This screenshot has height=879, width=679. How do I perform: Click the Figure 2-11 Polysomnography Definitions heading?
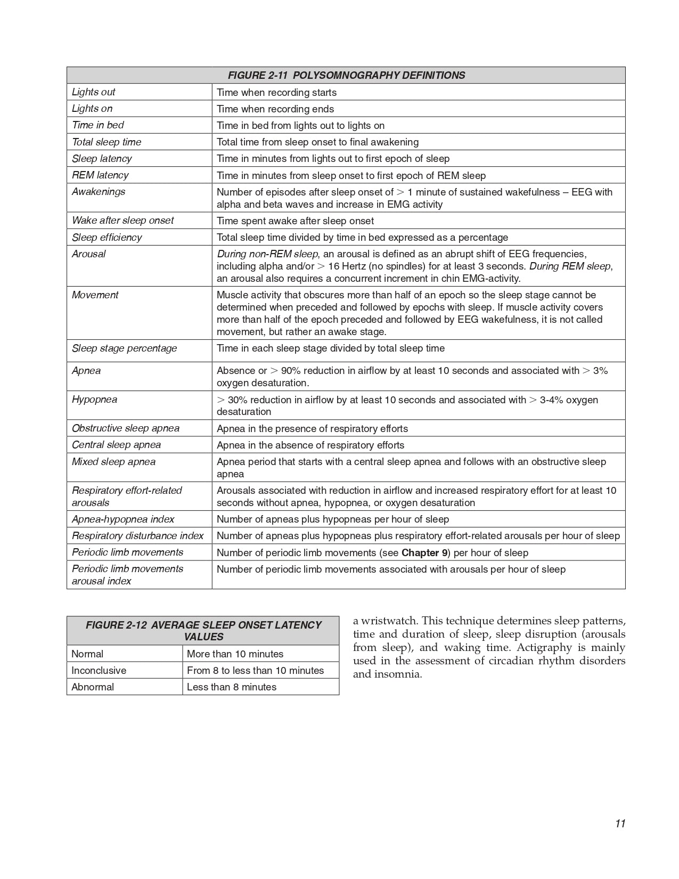(346, 75)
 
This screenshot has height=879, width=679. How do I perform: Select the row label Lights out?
(94, 92)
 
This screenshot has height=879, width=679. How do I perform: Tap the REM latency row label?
(100, 175)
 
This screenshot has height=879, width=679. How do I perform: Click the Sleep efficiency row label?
(107, 238)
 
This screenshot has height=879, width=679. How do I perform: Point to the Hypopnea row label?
(95, 400)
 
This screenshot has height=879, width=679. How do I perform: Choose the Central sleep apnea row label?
(116, 445)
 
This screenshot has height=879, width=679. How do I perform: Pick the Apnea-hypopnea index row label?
(123, 519)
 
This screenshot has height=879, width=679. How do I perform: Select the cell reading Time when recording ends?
(275, 109)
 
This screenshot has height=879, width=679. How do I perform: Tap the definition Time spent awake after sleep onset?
(295, 221)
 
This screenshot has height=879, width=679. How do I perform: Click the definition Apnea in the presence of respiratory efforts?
(312, 429)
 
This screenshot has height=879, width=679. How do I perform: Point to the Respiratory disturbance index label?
(138, 536)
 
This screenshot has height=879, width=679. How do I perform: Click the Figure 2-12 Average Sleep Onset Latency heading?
(203, 631)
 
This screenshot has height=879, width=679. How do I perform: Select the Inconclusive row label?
(99, 671)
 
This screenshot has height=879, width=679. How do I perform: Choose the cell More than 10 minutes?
(235, 654)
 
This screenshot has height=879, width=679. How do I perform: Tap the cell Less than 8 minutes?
(232, 687)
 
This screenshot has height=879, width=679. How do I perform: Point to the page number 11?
(620, 824)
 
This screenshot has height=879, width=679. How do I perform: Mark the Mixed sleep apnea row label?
(113, 462)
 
